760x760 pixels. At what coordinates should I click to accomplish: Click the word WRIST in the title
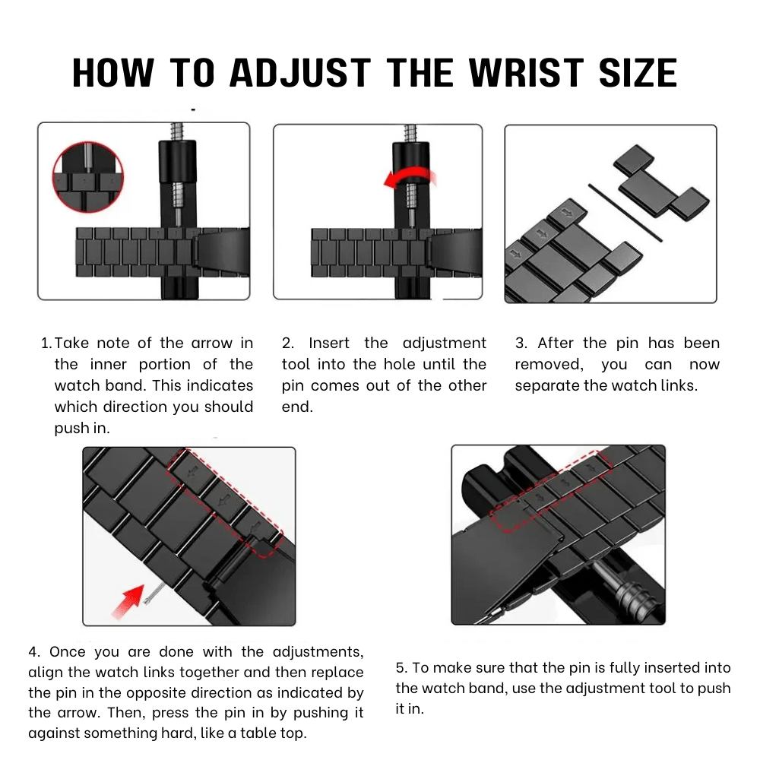point(527,73)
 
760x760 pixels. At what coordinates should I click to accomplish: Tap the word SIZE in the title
point(638,73)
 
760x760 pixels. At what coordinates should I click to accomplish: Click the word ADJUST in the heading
point(300,73)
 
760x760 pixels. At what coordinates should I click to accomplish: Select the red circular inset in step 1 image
point(87,177)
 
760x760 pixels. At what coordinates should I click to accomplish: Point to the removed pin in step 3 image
point(625,212)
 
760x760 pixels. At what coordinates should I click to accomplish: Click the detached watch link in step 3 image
point(660,184)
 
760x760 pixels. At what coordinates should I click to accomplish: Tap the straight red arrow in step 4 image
point(128,601)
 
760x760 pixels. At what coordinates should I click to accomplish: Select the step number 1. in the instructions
point(46,344)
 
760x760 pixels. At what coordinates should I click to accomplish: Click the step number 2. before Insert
point(288,344)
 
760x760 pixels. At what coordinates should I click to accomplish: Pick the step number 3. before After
point(521,344)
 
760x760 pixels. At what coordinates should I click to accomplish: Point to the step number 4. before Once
point(34,652)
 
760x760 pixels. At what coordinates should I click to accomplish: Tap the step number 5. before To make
point(402,668)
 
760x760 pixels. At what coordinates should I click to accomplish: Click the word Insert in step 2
point(328,344)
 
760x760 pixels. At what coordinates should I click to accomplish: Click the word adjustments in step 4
point(318,653)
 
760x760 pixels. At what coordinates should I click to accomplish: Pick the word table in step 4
point(256,733)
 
